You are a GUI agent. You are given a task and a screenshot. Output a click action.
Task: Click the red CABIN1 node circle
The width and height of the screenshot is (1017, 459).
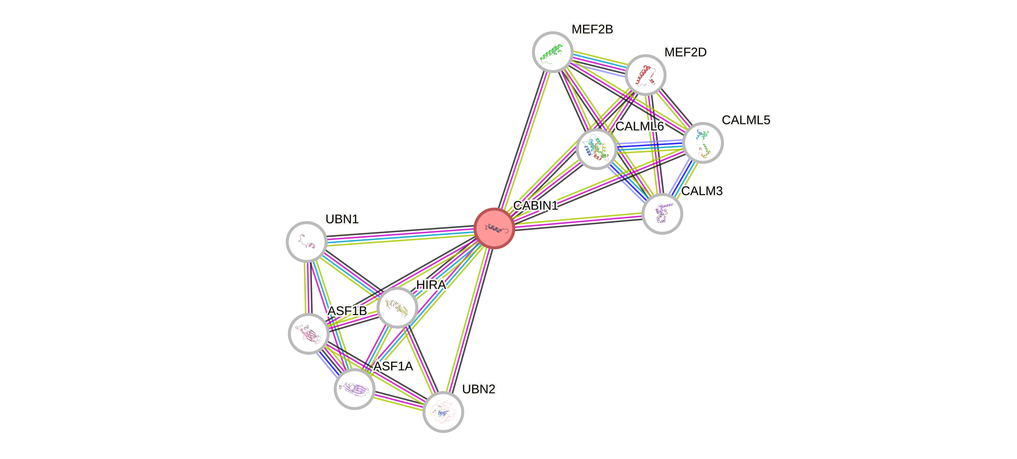494,228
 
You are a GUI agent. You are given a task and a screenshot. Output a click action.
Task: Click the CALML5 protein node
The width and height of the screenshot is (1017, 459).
703,142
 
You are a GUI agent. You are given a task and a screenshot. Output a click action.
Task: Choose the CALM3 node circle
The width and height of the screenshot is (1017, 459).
662,214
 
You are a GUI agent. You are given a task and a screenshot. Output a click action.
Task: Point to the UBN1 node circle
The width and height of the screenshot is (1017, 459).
306,241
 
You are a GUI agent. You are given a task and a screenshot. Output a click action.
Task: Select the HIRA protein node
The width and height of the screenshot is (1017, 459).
397,307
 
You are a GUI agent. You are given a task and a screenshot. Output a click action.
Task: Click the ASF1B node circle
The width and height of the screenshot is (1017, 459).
308,333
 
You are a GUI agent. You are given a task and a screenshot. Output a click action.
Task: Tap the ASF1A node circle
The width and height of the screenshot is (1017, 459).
354,389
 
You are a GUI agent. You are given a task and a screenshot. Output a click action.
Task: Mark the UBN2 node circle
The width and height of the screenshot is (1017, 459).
443,412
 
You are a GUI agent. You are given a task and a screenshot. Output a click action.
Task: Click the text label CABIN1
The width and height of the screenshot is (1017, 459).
535,205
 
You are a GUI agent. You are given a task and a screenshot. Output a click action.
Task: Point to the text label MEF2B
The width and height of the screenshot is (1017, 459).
592,29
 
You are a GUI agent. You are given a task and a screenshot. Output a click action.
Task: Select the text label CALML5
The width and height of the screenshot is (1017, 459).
746,120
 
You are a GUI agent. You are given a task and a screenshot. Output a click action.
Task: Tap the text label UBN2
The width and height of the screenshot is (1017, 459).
478,389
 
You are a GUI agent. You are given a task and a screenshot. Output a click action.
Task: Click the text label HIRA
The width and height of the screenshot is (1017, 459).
431,285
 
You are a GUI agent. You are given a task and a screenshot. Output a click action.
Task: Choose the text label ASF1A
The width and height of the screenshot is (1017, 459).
393,366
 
